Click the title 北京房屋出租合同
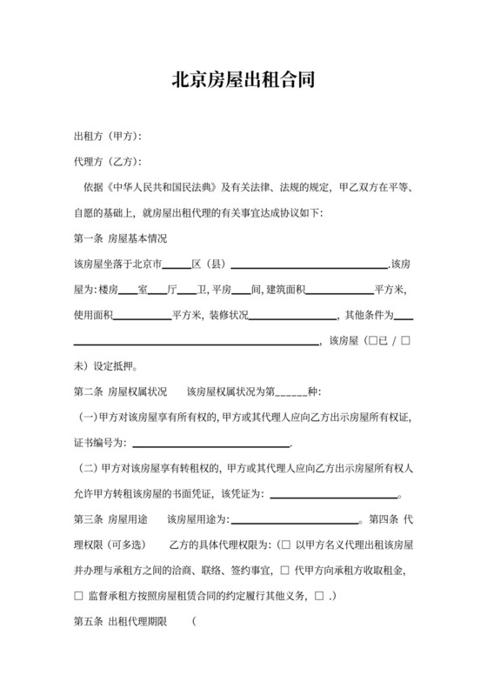tap(243, 80)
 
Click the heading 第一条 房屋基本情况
tap(121, 237)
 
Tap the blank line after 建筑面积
tap(339, 289)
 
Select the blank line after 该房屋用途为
tap(295, 519)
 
